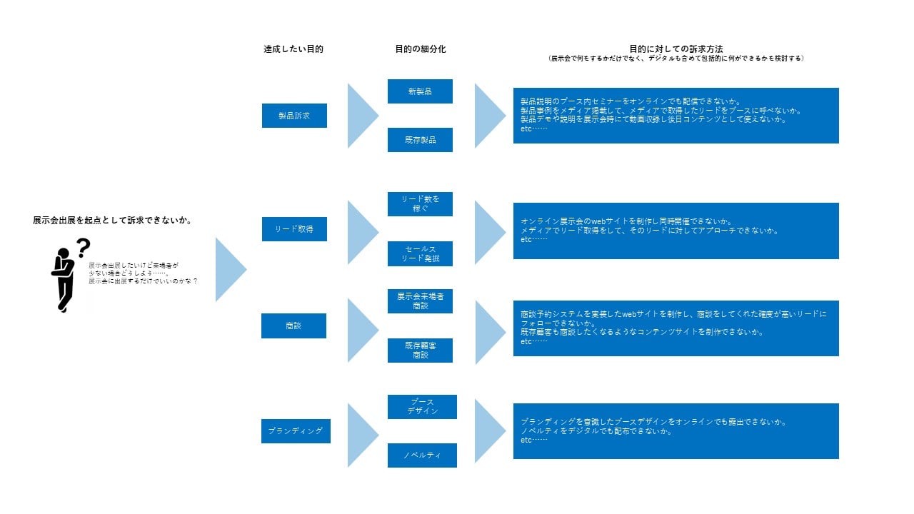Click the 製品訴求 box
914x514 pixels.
coord(294,116)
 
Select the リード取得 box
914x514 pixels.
coord(294,229)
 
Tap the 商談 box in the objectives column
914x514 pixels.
coord(294,326)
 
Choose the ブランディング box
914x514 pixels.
coord(296,431)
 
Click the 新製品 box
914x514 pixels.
coord(420,91)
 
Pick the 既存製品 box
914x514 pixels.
coord(420,140)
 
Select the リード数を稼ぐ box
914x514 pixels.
coord(420,204)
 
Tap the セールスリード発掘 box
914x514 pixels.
coord(420,253)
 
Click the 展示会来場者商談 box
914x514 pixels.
coord(420,301)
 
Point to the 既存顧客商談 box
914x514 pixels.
coord(420,351)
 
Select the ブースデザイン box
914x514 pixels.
coord(422,407)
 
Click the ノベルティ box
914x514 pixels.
coord(422,455)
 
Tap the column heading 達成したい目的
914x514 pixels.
coord(293,49)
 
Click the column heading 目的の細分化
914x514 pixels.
coord(420,49)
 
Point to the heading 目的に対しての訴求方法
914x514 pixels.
coord(676,49)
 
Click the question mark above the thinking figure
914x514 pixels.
coord(84,248)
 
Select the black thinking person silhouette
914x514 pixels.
coord(63,280)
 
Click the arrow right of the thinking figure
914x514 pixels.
coord(230,270)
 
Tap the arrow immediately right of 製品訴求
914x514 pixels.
coord(362,116)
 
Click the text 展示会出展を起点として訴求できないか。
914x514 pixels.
coord(112,221)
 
